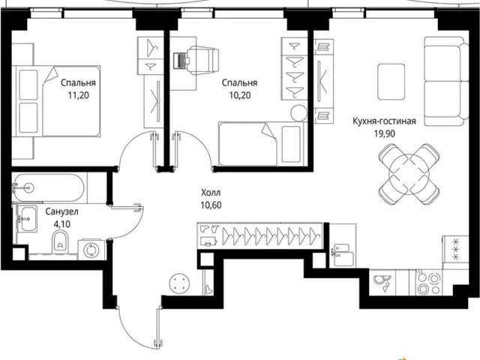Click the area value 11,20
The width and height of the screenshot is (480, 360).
pyautogui.click(x=78, y=95)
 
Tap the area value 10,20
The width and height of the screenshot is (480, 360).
pyautogui.click(x=240, y=95)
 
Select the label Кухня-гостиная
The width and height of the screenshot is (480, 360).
pyautogui.click(x=384, y=121)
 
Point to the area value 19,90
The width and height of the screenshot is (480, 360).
pyautogui.click(x=384, y=133)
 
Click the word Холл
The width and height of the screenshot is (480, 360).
pyautogui.click(x=211, y=193)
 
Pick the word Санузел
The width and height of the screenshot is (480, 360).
pyautogui.click(x=61, y=211)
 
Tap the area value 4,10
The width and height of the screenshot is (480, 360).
pyautogui.click(x=61, y=224)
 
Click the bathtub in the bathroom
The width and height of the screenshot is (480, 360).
pyautogui.click(x=48, y=188)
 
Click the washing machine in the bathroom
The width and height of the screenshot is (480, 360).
pyautogui.click(x=91, y=250)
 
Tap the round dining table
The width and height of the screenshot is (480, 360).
pyautogui.click(x=409, y=174)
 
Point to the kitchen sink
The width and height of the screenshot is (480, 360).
pyautogui.click(x=382, y=283)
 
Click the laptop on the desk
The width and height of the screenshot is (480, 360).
pyautogui.click(x=180, y=60)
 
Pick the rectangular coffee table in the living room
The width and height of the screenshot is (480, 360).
pyautogui.click(x=391, y=82)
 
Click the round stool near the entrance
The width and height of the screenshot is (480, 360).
pyautogui.click(x=179, y=283)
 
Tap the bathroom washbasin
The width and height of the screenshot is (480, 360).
pyautogui.click(x=28, y=219)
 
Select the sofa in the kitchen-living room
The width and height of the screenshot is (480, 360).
pyautogui.click(x=446, y=82)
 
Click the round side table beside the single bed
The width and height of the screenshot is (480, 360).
pyautogui.click(x=298, y=113)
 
